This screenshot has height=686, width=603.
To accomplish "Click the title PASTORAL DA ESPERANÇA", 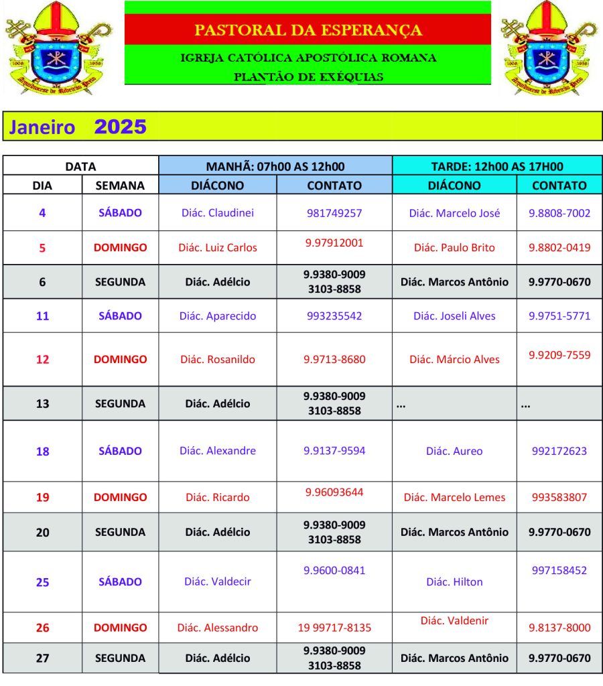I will coord(308,30).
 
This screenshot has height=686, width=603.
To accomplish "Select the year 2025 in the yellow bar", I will coord(121,127).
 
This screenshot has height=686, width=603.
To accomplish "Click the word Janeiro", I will coord(42,127).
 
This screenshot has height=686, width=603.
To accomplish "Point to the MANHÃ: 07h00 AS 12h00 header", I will coord(275,167).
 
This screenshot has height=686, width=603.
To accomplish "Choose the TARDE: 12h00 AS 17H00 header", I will coord(496,167).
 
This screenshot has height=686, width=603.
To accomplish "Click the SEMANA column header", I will coord(120,186).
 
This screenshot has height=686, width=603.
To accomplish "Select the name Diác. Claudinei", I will coord(218,213).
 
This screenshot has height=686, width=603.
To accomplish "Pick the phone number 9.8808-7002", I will coord(559,213).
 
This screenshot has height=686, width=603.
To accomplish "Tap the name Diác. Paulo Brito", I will coord(454,247).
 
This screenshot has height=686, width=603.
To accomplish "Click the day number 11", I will coord(42,316).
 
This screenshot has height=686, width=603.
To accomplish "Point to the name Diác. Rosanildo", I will coord(218,359).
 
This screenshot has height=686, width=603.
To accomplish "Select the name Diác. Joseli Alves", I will coord(454,316).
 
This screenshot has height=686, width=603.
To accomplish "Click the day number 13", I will coord(42,403).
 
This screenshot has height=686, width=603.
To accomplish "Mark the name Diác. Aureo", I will coord(454,451).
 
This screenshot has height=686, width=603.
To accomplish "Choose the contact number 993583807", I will coord(559,497).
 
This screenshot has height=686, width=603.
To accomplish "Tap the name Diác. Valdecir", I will coord(218,581).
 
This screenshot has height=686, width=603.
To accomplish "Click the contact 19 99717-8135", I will coord(334,628).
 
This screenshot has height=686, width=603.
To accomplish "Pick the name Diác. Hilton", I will coord(454,581).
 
